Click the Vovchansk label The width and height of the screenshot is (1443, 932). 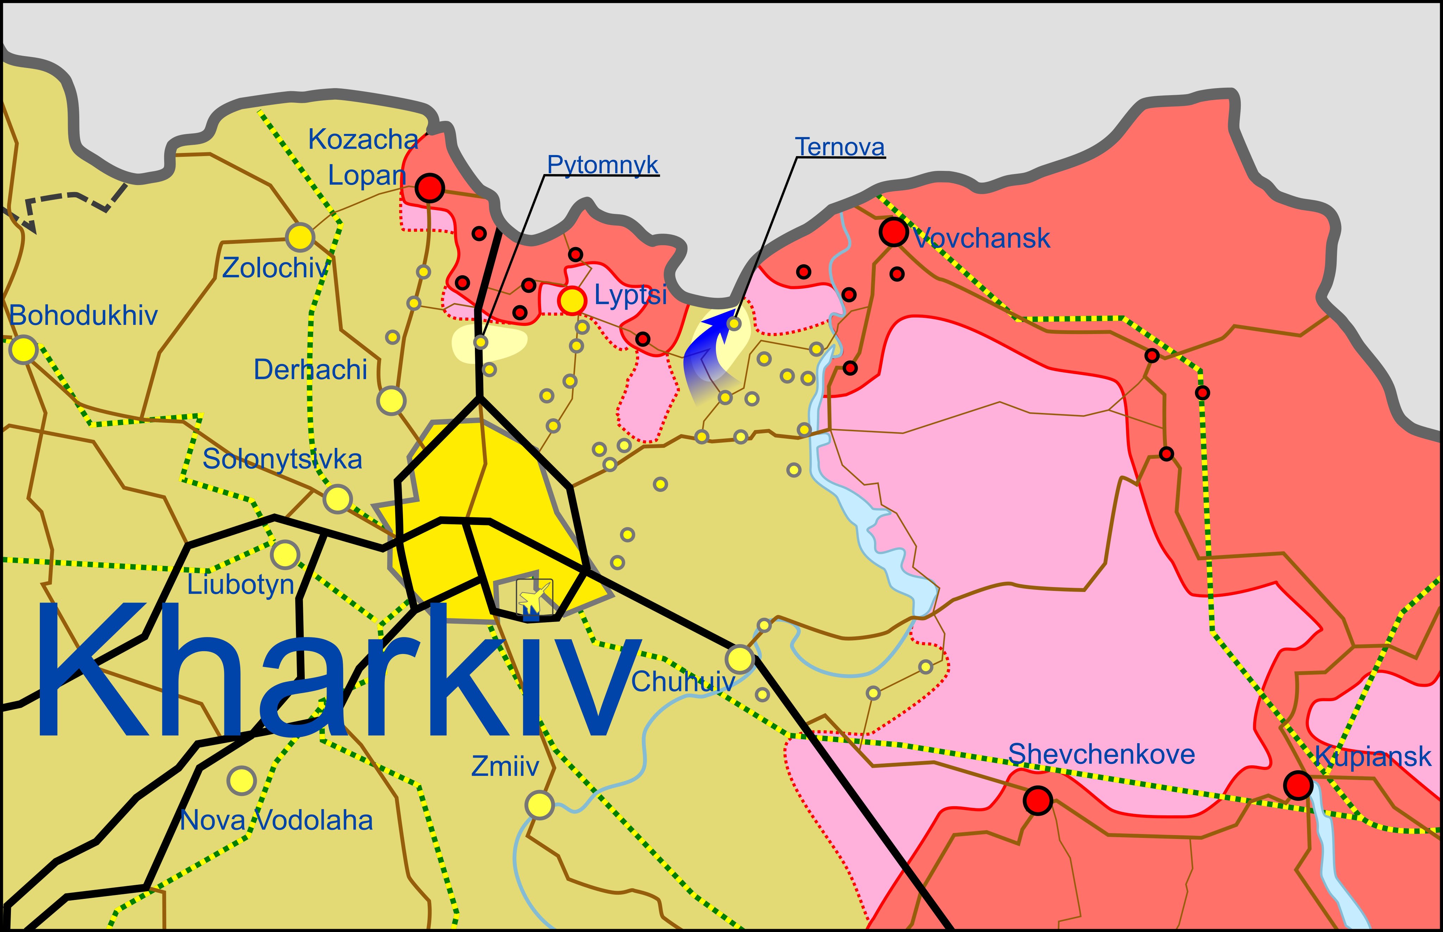click(981, 239)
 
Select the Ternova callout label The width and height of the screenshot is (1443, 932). click(840, 147)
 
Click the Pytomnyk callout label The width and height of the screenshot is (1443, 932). click(603, 165)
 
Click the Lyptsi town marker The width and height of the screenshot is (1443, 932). click(572, 300)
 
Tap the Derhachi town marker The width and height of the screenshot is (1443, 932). click(391, 401)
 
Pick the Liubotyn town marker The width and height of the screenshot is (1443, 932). click(285, 554)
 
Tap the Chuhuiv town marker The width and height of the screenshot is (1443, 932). click(740, 659)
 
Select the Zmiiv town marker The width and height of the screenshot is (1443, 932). click(539, 805)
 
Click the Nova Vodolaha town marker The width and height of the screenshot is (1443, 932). click(241, 781)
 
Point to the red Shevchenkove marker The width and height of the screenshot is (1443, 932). click(1038, 801)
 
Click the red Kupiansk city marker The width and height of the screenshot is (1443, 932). click(1298, 785)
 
